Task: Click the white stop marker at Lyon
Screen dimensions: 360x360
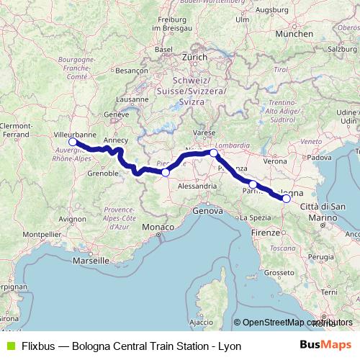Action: (73, 143)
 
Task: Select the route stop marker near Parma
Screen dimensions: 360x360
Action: (253, 185)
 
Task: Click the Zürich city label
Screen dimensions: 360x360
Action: (194, 55)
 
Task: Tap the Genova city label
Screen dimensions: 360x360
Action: (208, 211)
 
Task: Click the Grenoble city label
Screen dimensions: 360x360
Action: (102, 174)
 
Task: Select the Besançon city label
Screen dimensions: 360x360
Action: (131, 71)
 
